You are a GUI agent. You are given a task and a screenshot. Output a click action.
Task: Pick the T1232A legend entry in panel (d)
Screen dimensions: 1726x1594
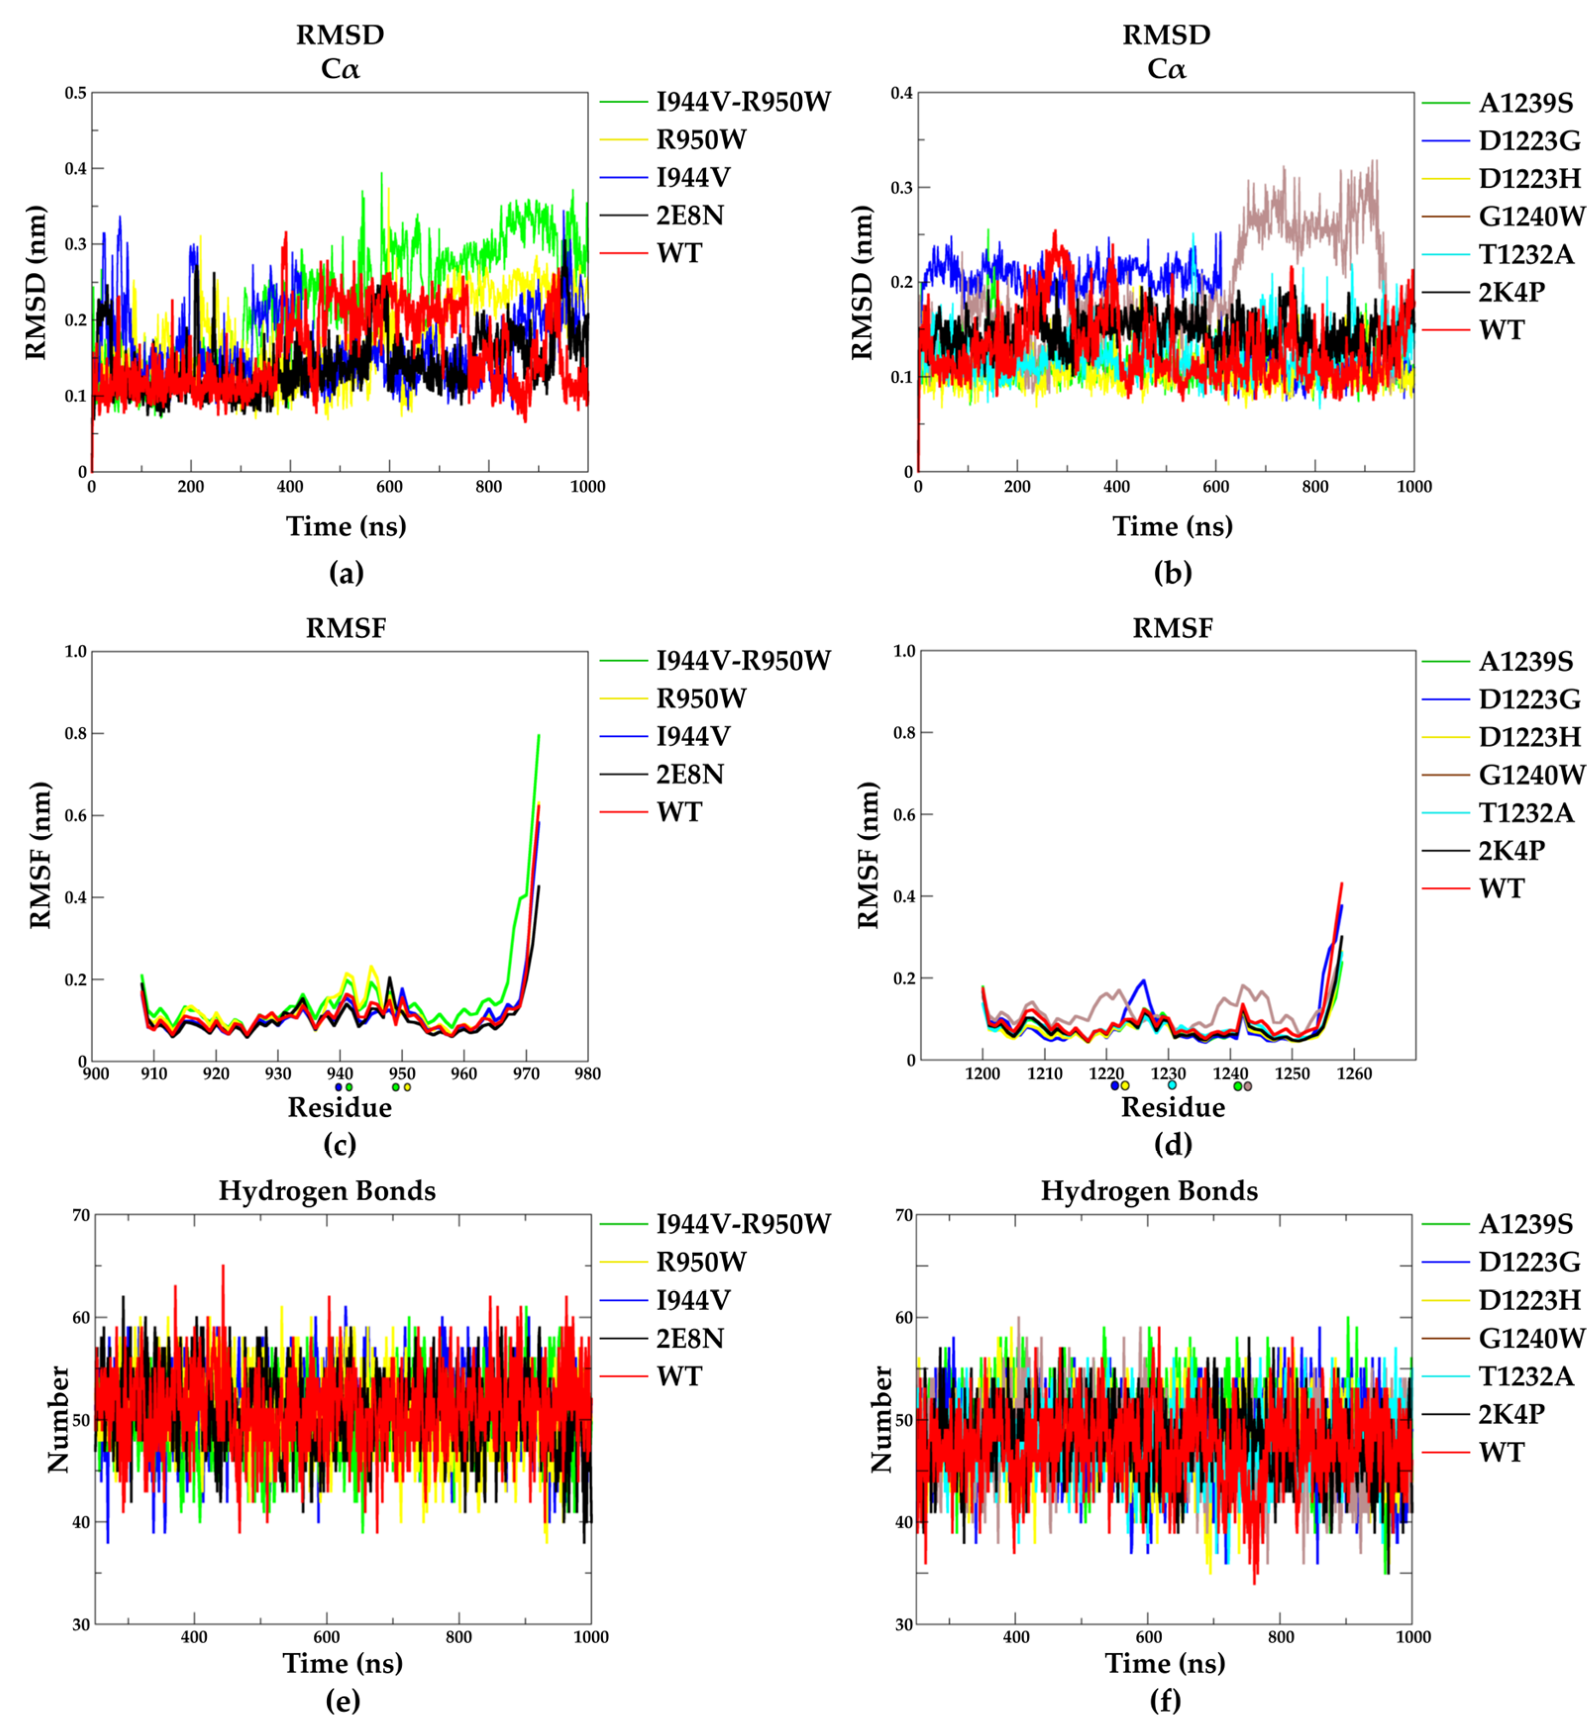(x=1526, y=812)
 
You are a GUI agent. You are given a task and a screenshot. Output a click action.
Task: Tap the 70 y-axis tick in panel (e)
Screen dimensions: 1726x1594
(x=81, y=1216)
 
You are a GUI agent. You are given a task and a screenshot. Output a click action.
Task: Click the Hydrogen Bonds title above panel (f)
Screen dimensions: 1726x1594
(x=1149, y=1191)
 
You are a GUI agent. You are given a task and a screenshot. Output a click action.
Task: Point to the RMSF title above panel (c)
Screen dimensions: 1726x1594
(x=346, y=628)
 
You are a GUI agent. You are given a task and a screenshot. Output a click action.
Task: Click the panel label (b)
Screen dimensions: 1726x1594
(x=1172, y=573)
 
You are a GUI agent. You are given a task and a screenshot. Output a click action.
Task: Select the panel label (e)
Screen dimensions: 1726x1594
(x=343, y=1700)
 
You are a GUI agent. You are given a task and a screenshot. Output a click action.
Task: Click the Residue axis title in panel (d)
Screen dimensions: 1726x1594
(x=1172, y=1108)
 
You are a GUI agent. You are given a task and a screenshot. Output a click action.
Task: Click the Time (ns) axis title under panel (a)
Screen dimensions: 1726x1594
(x=346, y=526)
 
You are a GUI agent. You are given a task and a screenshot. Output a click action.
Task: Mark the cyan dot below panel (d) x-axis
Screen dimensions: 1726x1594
(x=1171, y=1085)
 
